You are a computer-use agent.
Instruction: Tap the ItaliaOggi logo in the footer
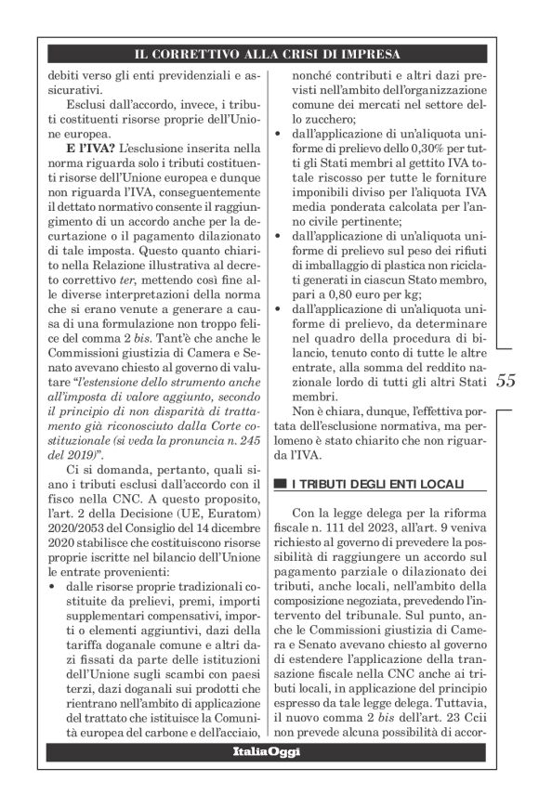[267, 750]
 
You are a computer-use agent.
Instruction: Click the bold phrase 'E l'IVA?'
[90, 149]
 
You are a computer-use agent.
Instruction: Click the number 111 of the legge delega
[334, 527]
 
